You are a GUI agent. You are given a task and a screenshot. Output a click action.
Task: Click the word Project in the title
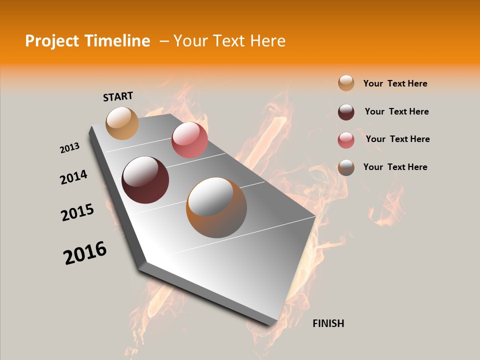click(x=52, y=41)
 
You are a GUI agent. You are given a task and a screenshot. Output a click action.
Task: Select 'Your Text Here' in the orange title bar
click(x=229, y=41)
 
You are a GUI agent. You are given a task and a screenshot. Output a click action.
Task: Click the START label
click(x=118, y=96)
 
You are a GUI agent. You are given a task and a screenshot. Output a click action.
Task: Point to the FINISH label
click(x=328, y=323)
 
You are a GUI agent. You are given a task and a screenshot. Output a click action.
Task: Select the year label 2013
click(x=69, y=148)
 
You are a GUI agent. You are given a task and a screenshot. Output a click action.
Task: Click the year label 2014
click(x=73, y=177)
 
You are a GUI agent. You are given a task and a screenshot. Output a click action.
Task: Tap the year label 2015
click(x=77, y=212)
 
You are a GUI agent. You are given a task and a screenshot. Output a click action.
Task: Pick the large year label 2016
click(x=85, y=253)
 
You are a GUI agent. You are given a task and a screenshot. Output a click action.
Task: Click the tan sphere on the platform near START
click(x=122, y=123)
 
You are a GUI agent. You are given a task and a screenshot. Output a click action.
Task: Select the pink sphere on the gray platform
click(x=189, y=140)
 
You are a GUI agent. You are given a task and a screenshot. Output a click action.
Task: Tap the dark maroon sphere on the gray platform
click(x=145, y=180)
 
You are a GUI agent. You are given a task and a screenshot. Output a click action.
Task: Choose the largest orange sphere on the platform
click(x=216, y=207)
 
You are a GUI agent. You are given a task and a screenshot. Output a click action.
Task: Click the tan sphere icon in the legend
click(x=346, y=83)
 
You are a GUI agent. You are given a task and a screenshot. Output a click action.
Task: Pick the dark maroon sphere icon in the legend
click(x=346, y=112)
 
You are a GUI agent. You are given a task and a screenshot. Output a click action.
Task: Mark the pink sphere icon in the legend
click(x=346, y=140)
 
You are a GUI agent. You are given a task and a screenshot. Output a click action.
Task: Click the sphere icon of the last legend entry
click(x=346, y=167)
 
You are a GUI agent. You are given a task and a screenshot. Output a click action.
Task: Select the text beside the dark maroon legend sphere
click(x=396, y=111)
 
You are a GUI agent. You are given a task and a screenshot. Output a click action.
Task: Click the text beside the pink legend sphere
click(x=397, y=139)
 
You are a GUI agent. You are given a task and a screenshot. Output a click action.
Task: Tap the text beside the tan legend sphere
click(x=395, y=83)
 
